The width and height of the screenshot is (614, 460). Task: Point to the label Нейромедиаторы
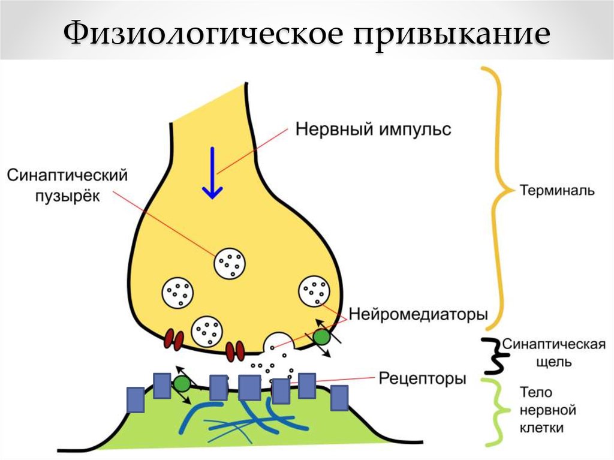click(x=418, y=314)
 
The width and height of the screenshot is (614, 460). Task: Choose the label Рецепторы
click(x=423, y=378)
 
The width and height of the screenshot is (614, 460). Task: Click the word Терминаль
click(x=556, y=191)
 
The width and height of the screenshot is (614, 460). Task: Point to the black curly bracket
click(x=493, y=354)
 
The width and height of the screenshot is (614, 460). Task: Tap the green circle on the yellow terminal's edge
click(x=322, y=337)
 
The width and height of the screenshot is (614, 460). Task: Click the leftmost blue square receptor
click(x=136, y=399)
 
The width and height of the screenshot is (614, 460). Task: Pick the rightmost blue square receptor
click(x=339, y=398)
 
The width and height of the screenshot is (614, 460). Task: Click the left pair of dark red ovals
click(x=174, y=339)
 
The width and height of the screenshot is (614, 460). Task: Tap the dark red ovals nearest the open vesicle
click(x=235, y=350)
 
